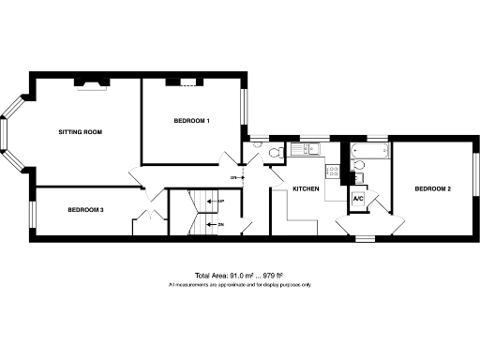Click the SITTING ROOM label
(x=80, y=131)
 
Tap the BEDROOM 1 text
(x=191, y=122)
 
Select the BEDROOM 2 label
(x=434, y=189)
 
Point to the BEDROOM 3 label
(x=85, y=210)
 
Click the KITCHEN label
(x=307, y=189)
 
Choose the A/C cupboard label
(x=358, y=200)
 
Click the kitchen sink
(x=304, y=149)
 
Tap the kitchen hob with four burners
(x=332, y=170)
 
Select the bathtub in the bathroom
(x=367, y=150)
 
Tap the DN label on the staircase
(x=220, y=225)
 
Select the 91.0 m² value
(x=230, y=276)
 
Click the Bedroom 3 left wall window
(x=32, y=214)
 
